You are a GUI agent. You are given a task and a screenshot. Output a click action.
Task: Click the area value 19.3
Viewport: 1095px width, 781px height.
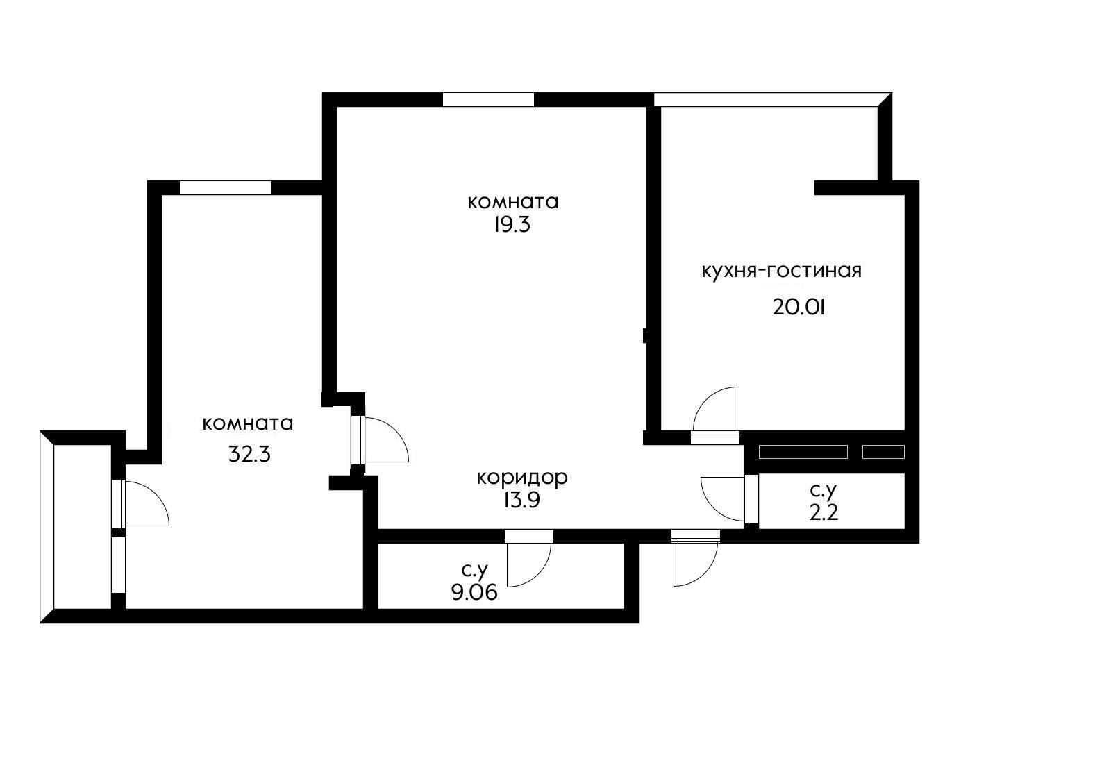(x=511, y=225)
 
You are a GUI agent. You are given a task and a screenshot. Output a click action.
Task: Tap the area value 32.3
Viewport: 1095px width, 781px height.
(x=249, y=455)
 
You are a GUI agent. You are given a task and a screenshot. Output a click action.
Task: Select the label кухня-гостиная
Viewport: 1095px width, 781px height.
(x=781, y=271)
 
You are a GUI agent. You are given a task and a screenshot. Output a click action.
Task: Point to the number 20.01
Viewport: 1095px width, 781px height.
(x=799, y=308)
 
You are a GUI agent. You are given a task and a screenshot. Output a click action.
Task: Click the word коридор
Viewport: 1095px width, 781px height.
(x=522, y=478)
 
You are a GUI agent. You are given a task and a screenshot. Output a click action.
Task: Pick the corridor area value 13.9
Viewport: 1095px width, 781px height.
(x=521, y=500)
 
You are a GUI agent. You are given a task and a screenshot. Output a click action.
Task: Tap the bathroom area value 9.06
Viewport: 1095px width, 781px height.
(x=474, y=592)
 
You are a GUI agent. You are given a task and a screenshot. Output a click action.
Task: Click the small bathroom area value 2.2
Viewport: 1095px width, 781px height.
(x=824, y=513)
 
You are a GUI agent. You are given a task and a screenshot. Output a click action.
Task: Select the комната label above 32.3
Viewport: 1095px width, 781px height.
(x=248, y=423)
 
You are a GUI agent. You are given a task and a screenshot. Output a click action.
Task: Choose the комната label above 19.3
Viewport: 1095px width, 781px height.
(x=513, y=202)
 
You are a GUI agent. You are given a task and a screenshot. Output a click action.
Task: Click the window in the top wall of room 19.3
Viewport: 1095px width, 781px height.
(x=488, y=100)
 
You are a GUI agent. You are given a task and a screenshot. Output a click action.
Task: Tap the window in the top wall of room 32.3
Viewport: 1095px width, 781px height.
(x=225, y=188)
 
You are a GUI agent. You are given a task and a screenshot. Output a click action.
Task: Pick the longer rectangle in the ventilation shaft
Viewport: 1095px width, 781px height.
(x=803, y=452)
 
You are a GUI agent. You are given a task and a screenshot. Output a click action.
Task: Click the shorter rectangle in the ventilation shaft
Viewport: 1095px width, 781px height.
(x=883, y=452)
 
